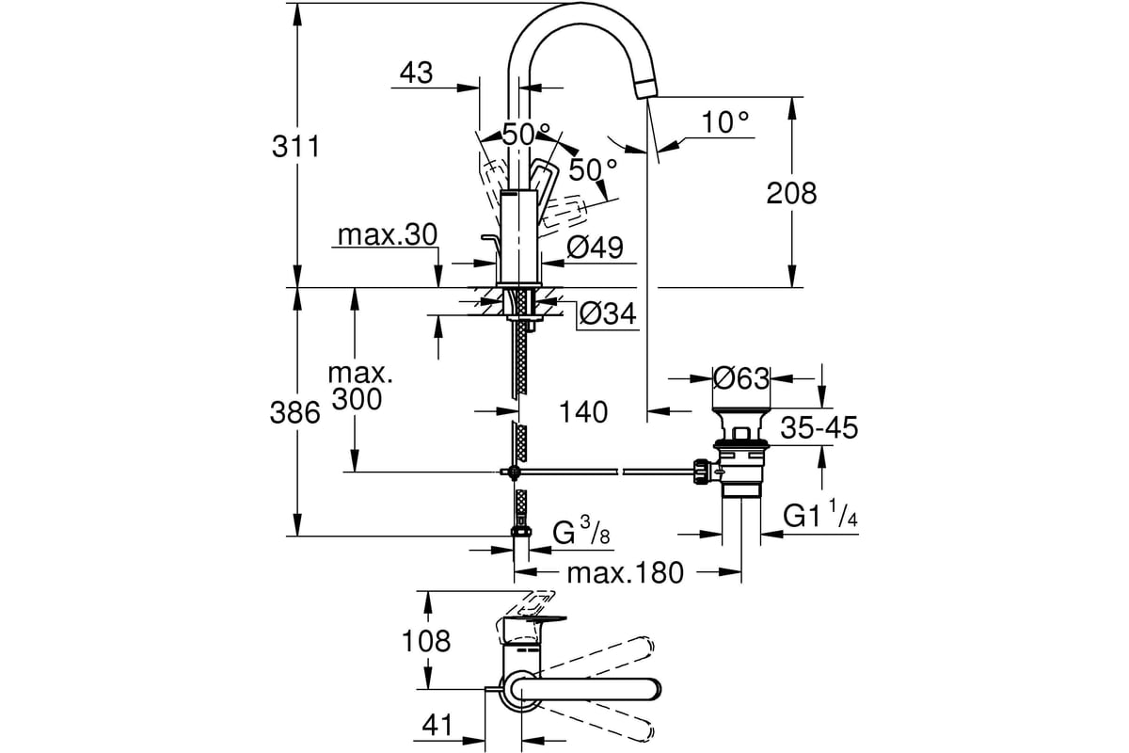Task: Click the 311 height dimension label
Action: pos(295,147)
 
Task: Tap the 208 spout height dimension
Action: pos(791,193)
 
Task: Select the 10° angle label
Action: pos(725,122)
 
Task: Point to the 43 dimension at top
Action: pos(416,73)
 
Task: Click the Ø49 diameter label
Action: pos(595,248)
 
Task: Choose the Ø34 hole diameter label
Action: pos(608,313)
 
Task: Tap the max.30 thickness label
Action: pos(387,235)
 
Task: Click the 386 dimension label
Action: pos(294,412)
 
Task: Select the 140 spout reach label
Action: pos(583,412)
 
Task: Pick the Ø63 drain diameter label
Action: pos(741,378)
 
